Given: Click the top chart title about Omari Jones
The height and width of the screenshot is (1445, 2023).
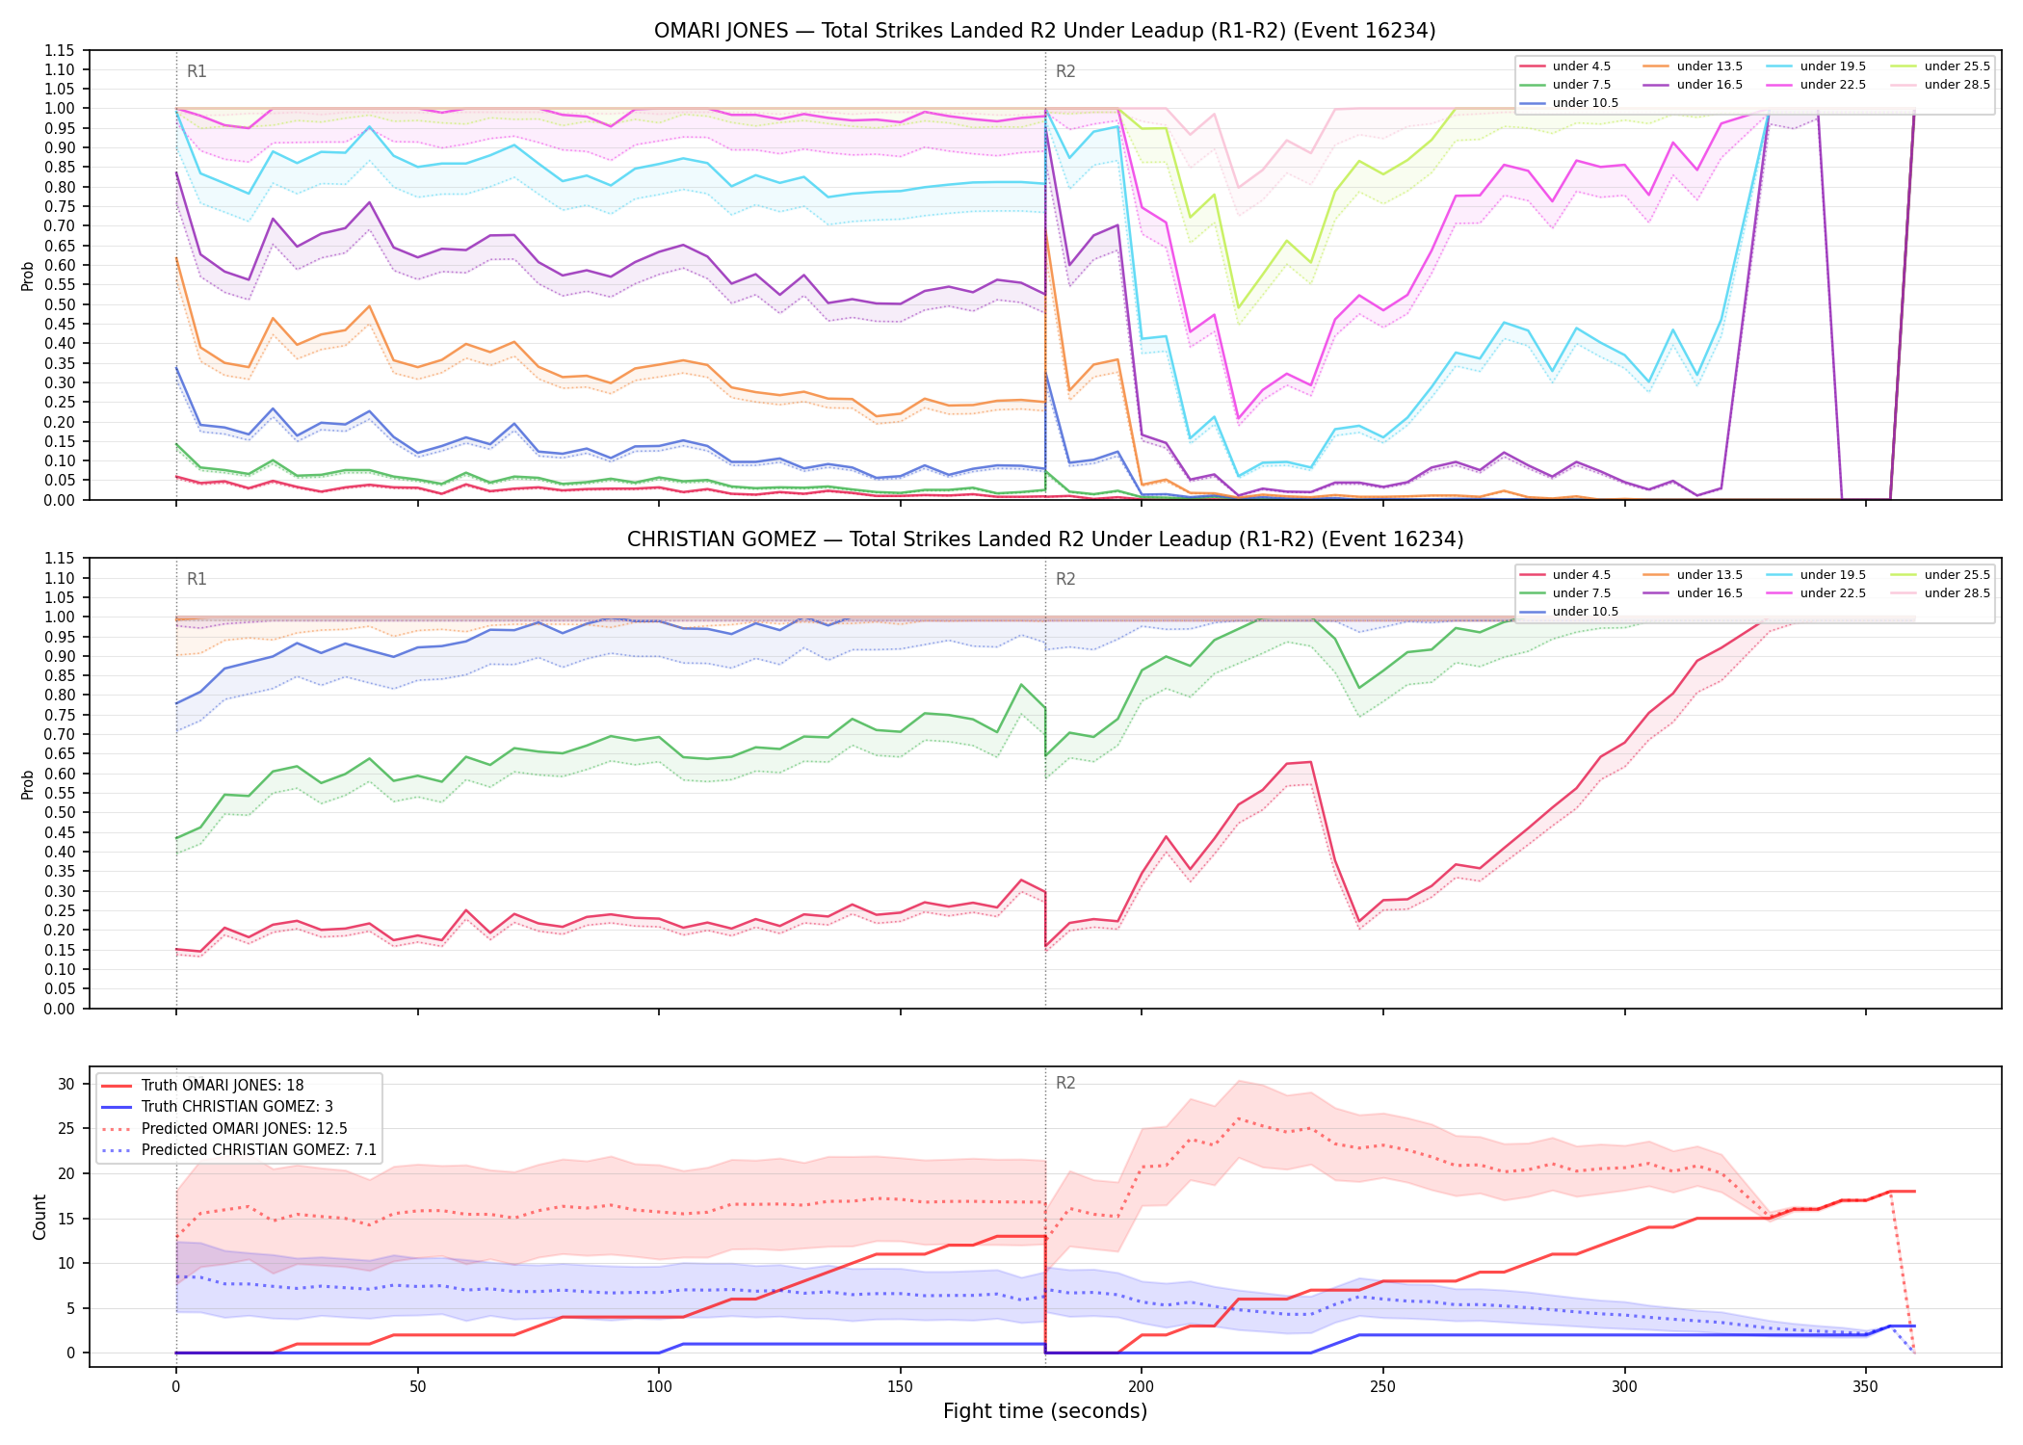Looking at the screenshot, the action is click(x=1044, y=31).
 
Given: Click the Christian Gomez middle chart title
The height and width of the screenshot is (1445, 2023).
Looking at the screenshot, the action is click(x=1044, y=539).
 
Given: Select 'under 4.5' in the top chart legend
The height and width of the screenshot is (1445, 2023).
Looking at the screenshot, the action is click(x=1581, y=66).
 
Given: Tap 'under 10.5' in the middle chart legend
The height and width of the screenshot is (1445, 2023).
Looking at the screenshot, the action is click(x=1585, y=612).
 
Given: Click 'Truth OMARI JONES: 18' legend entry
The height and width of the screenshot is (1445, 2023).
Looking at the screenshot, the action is click(x=223, y=1086).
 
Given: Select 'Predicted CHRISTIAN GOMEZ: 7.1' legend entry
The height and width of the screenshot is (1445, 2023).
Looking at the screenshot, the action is click(x=259, y=1150).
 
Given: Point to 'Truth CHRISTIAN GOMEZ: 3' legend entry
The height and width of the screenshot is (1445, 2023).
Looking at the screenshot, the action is click(x=237, y=1107).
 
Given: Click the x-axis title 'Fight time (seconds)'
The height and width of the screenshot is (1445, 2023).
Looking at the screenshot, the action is click(x=1045, y=1411).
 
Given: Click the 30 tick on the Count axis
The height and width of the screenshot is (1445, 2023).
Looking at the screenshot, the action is click(x=66, y=1084).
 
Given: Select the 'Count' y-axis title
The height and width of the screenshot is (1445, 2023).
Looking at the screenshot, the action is click(x=39, y=1217).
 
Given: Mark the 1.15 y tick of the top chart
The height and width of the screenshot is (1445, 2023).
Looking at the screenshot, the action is click(x=60, y=50).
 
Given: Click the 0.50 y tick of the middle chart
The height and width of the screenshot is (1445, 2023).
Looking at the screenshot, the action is click(x=60, y=813).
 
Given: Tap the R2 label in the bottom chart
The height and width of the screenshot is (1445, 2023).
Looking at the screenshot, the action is click(x=1065, y=1083).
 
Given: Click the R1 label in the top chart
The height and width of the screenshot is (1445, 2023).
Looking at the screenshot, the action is click(x=197, y=71).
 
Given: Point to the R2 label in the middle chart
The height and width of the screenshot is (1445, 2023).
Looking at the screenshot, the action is click(x=1065, y=579).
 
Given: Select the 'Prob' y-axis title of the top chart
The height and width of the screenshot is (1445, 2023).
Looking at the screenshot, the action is click(x=28, y=276).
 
